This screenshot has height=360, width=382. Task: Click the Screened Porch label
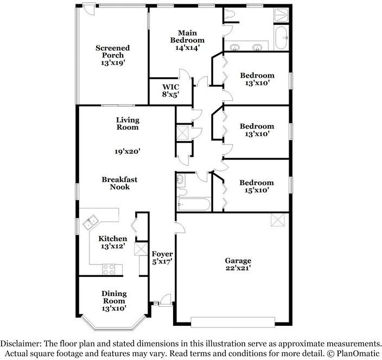coord(112,52)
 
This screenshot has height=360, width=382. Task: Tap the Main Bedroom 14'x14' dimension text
coord(188,48)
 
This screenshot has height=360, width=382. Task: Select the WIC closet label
coord(170,87)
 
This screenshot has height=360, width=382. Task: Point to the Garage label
coord(238,261)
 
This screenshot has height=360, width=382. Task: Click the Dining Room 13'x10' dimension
coord(114,308)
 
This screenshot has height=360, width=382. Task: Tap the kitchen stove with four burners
coord(109,269)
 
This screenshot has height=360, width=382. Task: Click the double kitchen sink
coord(90,222)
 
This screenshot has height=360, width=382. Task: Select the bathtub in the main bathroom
coord(282,38)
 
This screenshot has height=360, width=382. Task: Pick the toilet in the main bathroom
coord(229,14)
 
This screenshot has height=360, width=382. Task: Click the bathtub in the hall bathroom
coord(194,204)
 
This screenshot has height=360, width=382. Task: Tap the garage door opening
coord(233,322)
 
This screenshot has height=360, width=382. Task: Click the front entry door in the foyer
coord(165,300)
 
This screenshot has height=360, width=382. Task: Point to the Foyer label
coord(162,254)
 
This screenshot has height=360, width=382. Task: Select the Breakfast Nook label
coord(119,184)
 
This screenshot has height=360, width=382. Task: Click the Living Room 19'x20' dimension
coord(128,151)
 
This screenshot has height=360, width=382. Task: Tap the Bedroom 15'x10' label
coord(257,186)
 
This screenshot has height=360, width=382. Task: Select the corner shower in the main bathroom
coord(281,15)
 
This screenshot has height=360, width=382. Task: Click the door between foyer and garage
coord(180,228)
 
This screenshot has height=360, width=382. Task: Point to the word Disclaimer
coord(21,343)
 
